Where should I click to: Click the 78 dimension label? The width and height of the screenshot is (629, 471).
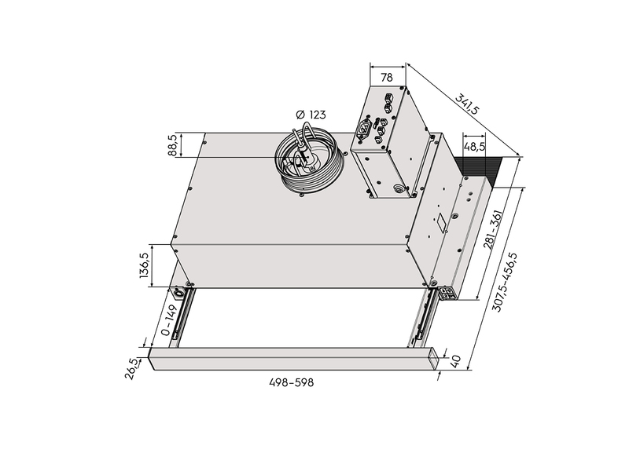pos(387,77)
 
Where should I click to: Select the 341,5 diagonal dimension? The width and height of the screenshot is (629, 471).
pos(467,104)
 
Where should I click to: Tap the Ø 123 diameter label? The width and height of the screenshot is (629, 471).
pos(311,115)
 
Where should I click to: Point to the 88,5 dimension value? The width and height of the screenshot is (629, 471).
pos(173,145)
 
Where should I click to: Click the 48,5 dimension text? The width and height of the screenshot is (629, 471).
pos(474,147)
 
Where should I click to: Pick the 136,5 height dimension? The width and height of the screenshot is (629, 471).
pos(145,265)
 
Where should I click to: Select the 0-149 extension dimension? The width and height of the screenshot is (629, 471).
pos(169,320)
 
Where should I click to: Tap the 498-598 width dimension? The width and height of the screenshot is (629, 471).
pos(291,383)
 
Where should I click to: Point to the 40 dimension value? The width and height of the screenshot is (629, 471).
pos(457,361)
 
